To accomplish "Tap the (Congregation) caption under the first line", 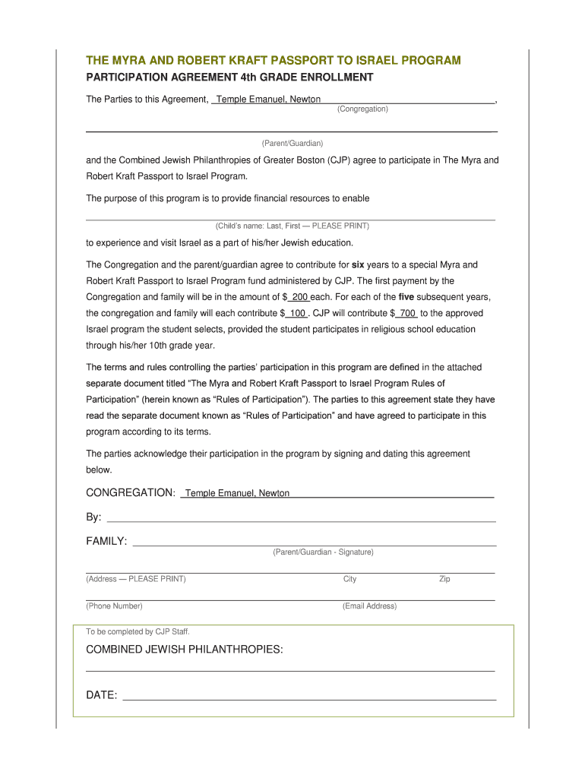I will [x=362, y=109].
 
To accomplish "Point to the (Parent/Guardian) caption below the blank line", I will [x=292, y=144].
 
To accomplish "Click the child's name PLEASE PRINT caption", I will [x=292, y=226].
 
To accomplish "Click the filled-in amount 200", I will [x=299, y=297].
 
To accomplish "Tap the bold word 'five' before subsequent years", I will [x=406, y=297].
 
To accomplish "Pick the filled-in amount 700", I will [x=407, y=313].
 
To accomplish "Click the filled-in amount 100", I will [x=297, y=313].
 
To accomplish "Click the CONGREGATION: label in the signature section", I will [x=131, y=493].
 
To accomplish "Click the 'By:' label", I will [x=93, y=517].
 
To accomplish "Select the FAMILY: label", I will [x=106, y=542].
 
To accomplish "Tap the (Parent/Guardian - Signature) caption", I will [x=323, y=552].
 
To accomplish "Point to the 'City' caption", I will [x=349, y=579].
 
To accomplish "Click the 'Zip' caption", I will [x=444, y=579].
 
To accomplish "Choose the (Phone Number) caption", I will [x=114, y=606].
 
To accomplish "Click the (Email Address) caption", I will [x=369, y=606].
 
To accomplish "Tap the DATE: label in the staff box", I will [x=101, y=695].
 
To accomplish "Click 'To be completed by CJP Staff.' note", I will [x=138, y=632].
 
